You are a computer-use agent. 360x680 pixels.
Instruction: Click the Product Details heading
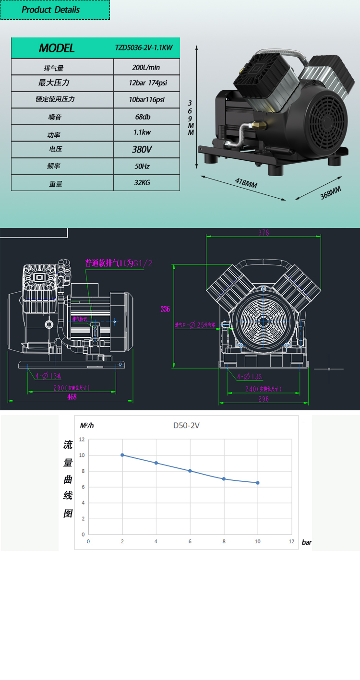pos(50,10)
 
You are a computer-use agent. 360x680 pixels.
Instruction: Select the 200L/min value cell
pos(146,68)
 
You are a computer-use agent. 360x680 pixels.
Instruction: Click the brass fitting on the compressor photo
pos(260,125)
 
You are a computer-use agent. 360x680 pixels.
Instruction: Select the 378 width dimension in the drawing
pos(264,233)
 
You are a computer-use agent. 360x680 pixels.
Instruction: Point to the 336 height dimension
pos(165,310)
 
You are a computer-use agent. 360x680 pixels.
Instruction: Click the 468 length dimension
pos(72,397)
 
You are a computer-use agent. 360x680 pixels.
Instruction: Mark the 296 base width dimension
pos(264,399)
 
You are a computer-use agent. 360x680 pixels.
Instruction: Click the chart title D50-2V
pos(187,425)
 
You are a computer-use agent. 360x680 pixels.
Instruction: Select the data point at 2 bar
pos(122,455)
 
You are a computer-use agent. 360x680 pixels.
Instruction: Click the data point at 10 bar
pos(258,483)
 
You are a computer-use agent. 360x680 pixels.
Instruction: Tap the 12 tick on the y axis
pos(82,440)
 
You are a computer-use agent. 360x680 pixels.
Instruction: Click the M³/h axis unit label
pos(87,425)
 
